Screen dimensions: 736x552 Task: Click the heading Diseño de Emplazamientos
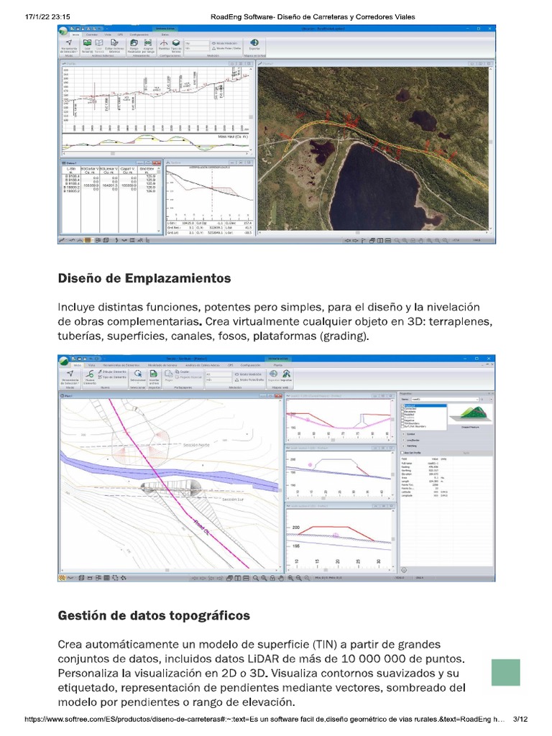144,277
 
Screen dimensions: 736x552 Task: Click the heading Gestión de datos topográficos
154,615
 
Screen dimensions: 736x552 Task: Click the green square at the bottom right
505,672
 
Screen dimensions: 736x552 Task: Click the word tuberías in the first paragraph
80,336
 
